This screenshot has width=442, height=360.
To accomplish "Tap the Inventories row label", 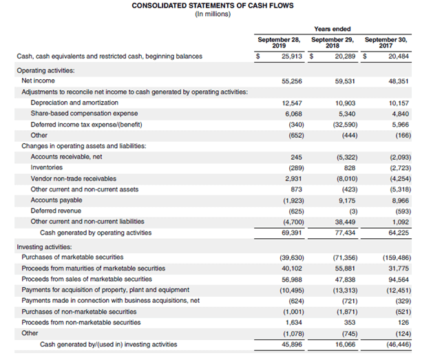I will tap(47, 167).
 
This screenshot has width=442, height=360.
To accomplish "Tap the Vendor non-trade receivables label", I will tap(74, 178).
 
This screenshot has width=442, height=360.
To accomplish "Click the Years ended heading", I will tap(331, 29).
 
